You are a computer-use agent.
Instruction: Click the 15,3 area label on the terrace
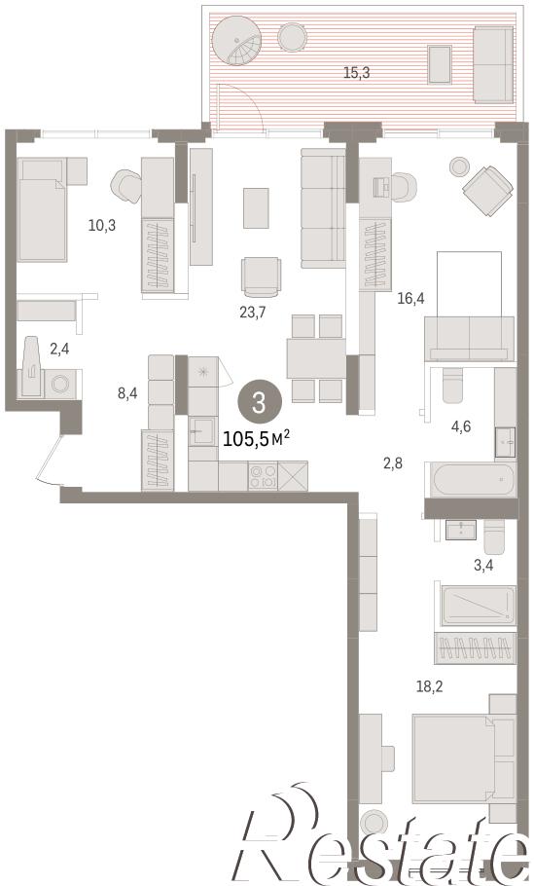[x=357, y=73]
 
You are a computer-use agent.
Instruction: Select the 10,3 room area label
[x=101, y=226]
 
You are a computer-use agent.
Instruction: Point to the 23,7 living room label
[x=252, y=312]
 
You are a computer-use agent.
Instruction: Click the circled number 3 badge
[x=259, y=403]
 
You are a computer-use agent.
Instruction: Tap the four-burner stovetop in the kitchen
[x=263, y=476]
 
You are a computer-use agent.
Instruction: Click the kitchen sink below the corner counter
[x=202, y=430]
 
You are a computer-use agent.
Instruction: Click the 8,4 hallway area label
[x=127, y=393]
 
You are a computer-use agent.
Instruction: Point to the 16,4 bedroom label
[x=410, y=298]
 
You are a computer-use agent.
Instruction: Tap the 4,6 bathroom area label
[x=460, y=426]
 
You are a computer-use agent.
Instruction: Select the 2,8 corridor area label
[x=393, y=464]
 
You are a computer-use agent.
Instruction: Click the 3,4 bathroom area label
[x=482, y=565]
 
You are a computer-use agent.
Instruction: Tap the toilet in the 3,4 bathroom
[x=496, y=535]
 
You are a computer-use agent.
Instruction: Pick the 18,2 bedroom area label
[x=430, y=686]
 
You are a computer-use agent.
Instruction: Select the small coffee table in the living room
[x=256, y=208]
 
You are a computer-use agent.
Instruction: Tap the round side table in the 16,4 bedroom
[x=459, y=166]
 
